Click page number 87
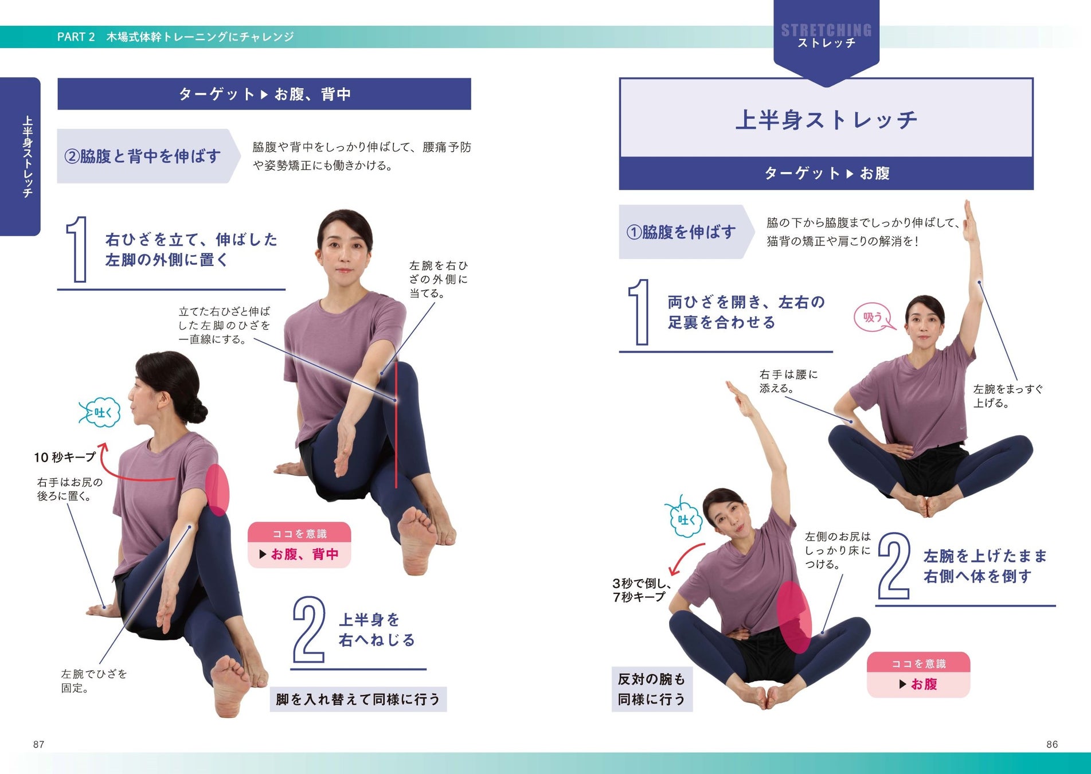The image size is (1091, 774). click(x=38, y=744)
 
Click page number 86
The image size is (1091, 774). click(x=1052, y=744)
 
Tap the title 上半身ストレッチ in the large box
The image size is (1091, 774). click(x=826, y=120)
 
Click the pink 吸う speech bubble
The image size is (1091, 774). click(x=873, y=318)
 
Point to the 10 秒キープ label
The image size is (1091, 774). click(x=65, y=457)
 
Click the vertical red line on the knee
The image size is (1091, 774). click(x=396, y=424)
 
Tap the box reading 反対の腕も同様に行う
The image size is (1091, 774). click(x=652, y=689)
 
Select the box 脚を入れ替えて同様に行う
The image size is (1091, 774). click(x=358, y=699)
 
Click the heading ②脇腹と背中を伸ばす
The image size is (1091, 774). click(x=142, y=156)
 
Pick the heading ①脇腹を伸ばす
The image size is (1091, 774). click(x=681, y=232)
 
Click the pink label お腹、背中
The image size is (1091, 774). click(x=299, y=554)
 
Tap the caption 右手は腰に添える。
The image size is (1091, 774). click(x=788, y=381)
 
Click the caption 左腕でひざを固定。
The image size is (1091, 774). click(x=94, y=681)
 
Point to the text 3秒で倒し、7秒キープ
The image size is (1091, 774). click(x=641, y=590)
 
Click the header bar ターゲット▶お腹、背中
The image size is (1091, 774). click(x=264, y=94)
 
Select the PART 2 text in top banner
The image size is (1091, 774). click(x=76, y=37)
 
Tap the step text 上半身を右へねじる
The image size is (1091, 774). click(x=377, y=630)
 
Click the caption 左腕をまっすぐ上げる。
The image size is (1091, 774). click(x=1008, y=396)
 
